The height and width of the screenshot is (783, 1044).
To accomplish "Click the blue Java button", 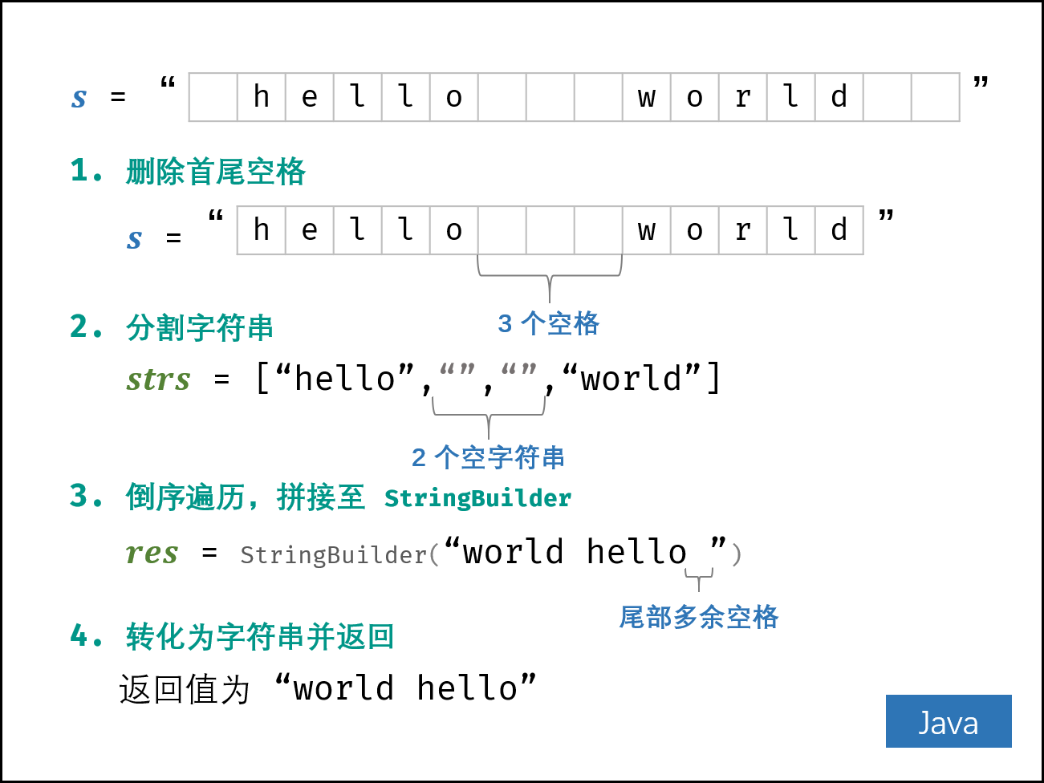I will [948, 721].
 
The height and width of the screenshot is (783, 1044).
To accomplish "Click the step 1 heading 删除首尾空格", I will [215, 172].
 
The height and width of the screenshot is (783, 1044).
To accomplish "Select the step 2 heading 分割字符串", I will [199, 327].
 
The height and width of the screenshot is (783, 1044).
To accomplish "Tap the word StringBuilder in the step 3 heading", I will [477, 498].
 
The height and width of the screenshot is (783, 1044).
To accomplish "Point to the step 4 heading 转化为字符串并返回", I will [259, 637].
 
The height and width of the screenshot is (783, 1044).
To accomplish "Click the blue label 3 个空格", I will [549, 323].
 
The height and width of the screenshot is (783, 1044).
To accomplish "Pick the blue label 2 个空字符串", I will [488, 457].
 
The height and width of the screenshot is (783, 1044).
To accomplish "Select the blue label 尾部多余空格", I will [699, 617].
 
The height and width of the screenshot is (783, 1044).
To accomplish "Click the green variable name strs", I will [158, 379].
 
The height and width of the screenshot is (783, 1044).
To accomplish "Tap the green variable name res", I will [152, 554].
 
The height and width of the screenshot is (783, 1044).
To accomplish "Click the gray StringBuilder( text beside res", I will [339, 554].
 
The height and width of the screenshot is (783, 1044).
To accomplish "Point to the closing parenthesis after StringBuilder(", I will [737, 554].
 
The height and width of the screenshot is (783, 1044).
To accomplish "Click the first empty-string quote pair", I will [457, 369].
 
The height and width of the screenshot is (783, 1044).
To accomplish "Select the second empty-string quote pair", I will [518, 369].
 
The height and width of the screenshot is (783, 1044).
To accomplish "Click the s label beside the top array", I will [79, 98].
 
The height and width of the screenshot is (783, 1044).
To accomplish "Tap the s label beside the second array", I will [134, 239].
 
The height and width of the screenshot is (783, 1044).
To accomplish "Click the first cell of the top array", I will [213, 97].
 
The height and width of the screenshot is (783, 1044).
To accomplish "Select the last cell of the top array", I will [935, 97].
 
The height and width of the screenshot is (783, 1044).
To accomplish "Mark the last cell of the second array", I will [839, 230].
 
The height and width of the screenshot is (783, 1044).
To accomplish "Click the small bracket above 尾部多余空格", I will [699, 576].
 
